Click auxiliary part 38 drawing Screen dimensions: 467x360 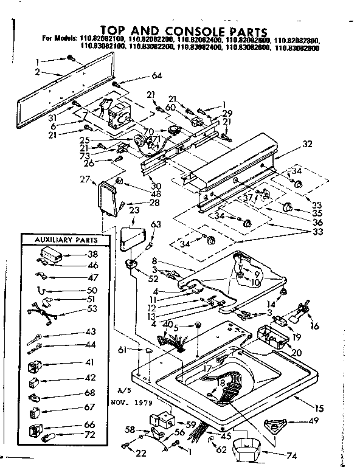point(54,255)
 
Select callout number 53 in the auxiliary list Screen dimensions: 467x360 point(92,309)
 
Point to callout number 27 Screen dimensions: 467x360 point(85,179)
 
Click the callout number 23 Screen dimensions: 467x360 point(134,210)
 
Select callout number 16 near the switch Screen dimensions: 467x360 point(314,327)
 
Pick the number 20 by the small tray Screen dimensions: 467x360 point(297,353)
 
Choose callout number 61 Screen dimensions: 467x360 point(123,349)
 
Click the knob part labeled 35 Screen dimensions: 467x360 point(289,210)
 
